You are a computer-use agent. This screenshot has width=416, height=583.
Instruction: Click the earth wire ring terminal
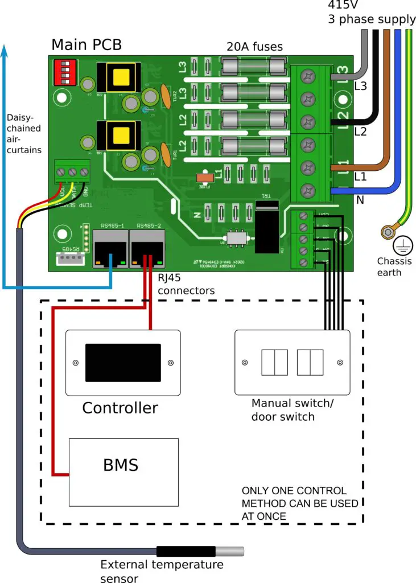389,231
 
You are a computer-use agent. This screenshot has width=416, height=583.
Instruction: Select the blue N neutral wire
397,114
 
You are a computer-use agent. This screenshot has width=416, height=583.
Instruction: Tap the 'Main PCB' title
87,45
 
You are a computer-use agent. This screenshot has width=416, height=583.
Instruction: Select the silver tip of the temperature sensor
229,551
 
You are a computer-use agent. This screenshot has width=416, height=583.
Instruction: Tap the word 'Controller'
120,408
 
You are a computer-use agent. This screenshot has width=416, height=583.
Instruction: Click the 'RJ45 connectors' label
186,285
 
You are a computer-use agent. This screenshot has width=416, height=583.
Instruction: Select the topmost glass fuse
252,68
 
